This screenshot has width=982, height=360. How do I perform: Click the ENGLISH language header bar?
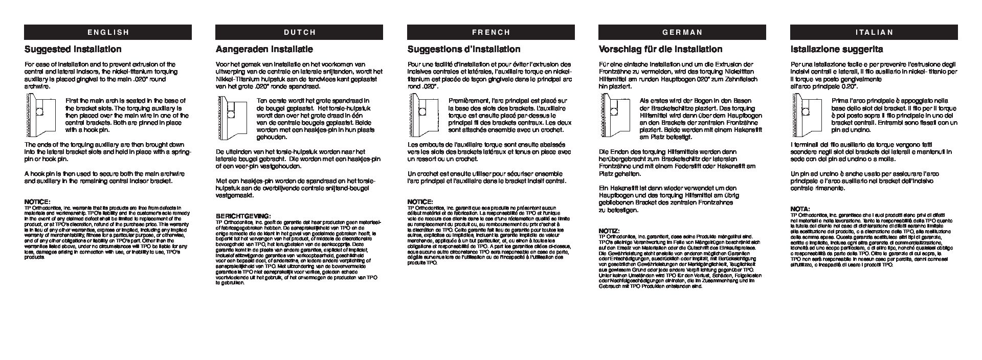[x=108, y=32]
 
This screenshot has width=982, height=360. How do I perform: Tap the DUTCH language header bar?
[x=299, y=32]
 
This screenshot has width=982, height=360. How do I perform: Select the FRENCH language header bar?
[x=490, y=32]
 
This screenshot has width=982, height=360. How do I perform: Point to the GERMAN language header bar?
[x=682, y=32]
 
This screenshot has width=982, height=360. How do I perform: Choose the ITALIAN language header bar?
[x=874, y=32]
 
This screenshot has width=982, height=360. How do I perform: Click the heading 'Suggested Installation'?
[x=73, y=49]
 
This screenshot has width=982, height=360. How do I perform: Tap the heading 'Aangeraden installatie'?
[x=264, y=49]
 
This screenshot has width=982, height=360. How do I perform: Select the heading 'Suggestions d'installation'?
[x=463, y=49]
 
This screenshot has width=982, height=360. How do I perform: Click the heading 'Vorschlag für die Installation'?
[x=660, y=49]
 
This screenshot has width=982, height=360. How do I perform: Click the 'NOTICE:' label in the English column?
[x=37, y=202]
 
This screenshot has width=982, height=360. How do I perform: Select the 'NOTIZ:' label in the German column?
[x=609, y=231]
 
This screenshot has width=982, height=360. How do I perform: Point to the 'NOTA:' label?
[x=800, y=209]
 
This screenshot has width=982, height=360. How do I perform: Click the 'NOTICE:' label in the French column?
[x=420, y=202]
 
